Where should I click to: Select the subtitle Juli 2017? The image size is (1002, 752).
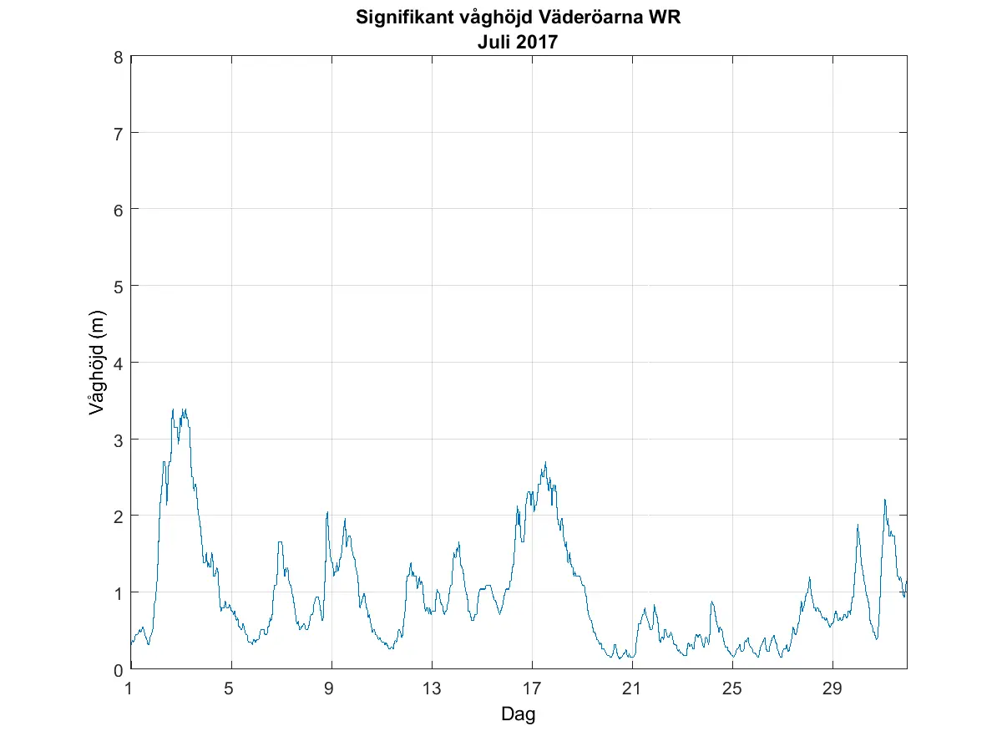pyautogui.click(x=518, y=41)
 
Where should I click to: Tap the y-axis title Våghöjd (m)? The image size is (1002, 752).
pyautogui.click(x=97, y=363)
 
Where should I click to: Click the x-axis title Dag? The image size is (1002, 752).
pyautogui.click(x=518, y=714)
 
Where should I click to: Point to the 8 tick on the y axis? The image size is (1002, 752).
pyautogui.click(x=119, y=57)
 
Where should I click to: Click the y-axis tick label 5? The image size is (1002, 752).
pyautogui.click(x=119, y=286)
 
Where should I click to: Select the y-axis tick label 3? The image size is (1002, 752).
pyautogui.click(x=119, y=440)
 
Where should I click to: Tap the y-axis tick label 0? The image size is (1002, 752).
pyautogui.click(x=119, y=669)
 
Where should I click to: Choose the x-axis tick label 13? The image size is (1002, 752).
pyautogui.click(x=432, y=688)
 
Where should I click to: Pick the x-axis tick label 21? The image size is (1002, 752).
pyautogui.click(x=632, y=688)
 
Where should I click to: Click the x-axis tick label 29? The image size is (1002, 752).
pyautogui.click(x=832, y=688)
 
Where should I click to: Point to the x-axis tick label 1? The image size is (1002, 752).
pyautogui.click(x=129, y=688)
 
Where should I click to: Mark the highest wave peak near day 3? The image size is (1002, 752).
pyautogui.click(x=173, y=409)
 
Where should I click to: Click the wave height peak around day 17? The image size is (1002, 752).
pyautogui.click(x=545, y=462)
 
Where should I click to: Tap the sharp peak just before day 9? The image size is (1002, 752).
pyautogui.click(x=327, y=512)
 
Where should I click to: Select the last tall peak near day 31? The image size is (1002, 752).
pyautogui.click(x=884, y=500)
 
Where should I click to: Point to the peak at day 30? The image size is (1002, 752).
pyautogui.click(x=858, y=525)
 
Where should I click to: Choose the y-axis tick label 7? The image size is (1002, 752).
pyautogui.click(x=119, y=133)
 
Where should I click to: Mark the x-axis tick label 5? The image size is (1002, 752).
pyautogui.click(x=231, y=688)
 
